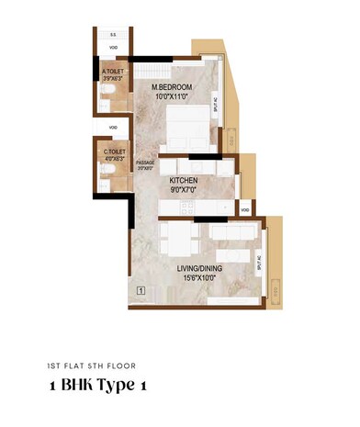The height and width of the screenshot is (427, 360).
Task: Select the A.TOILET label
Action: (114, 73)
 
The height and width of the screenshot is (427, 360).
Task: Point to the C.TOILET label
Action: (114, 152)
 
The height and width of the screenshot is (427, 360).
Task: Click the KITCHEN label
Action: (183, 182)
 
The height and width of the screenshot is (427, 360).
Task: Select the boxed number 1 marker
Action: (141, 291)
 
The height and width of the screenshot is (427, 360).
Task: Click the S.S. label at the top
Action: (112, 34)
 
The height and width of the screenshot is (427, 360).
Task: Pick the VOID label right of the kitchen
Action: (244, 209)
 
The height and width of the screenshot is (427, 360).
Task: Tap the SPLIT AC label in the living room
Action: (262, 267)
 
